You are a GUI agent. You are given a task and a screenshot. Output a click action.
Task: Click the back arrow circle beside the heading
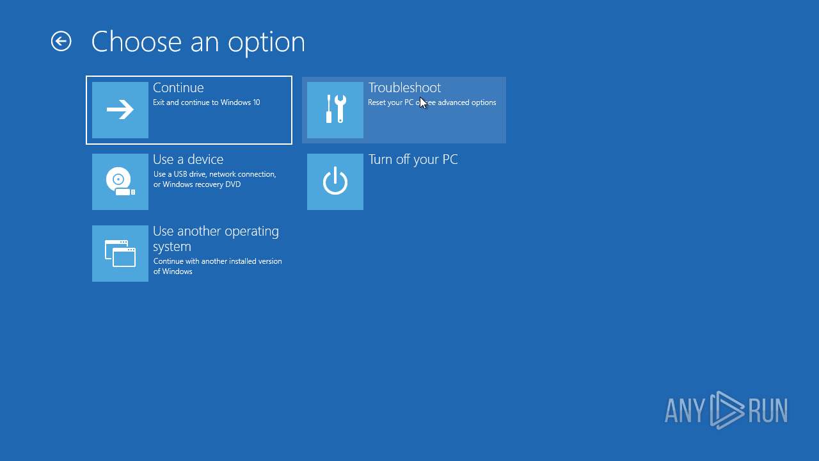(61, 42)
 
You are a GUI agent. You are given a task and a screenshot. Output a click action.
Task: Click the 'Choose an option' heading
(198, 42)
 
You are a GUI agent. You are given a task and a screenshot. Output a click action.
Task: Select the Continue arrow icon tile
(120, 110)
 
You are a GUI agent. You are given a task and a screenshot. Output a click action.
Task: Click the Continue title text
(178, 88)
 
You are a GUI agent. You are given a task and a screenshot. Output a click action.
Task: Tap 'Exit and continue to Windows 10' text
(206, 102)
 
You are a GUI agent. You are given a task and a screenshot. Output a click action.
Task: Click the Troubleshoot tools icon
(335, 110)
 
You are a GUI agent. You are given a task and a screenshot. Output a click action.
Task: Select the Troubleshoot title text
(404, 88)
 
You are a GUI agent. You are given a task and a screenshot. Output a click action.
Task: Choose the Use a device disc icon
(120, 182)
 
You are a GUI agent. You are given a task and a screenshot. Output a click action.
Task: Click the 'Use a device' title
(188, 159)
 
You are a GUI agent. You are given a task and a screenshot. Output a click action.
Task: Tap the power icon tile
(335, 182)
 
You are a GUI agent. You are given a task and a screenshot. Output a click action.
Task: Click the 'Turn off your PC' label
(413, 159)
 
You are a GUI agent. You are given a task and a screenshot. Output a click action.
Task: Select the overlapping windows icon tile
(120, 254)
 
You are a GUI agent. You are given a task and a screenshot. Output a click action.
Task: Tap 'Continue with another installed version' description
(218, 261)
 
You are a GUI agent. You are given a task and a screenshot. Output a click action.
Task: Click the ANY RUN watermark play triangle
(727, 410)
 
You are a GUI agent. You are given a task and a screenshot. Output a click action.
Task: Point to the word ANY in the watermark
(685, 410)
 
